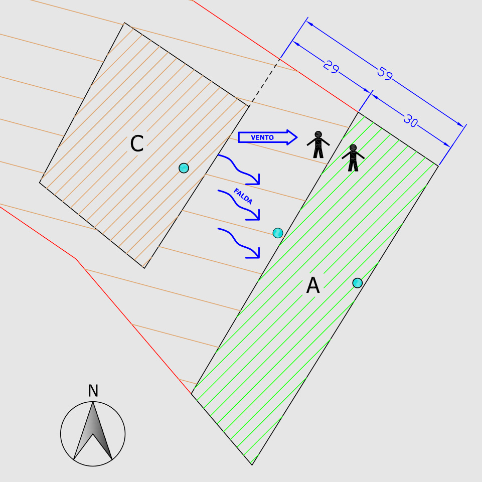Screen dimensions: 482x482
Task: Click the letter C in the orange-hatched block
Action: point(137,143)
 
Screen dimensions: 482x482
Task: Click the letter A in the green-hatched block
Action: point(313,285)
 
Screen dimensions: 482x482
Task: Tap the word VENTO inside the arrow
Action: point(262,138)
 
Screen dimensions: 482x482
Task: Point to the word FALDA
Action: point(243,196)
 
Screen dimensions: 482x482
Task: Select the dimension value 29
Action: point(331,67)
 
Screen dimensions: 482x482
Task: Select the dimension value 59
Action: point(385,73)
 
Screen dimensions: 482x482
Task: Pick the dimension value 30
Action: point(410,120)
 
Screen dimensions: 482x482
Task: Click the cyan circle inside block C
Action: point(184,168)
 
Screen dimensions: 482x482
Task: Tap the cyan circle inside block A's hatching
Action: point(358,283)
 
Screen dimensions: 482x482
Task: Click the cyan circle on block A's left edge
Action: point(278,233)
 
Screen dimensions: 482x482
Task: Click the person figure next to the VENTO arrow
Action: point(318,144)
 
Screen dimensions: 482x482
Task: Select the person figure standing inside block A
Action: point(353,157)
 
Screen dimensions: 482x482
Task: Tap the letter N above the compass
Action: point(93,391)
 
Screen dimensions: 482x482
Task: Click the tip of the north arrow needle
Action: point(93,402)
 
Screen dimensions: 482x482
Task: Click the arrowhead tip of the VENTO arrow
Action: point(297,137)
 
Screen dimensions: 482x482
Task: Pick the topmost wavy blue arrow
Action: point(239,170)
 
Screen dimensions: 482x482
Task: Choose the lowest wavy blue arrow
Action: point(239,243)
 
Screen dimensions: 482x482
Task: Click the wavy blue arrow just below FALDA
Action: point(239,205)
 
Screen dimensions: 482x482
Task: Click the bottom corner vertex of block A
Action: point(252,465)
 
